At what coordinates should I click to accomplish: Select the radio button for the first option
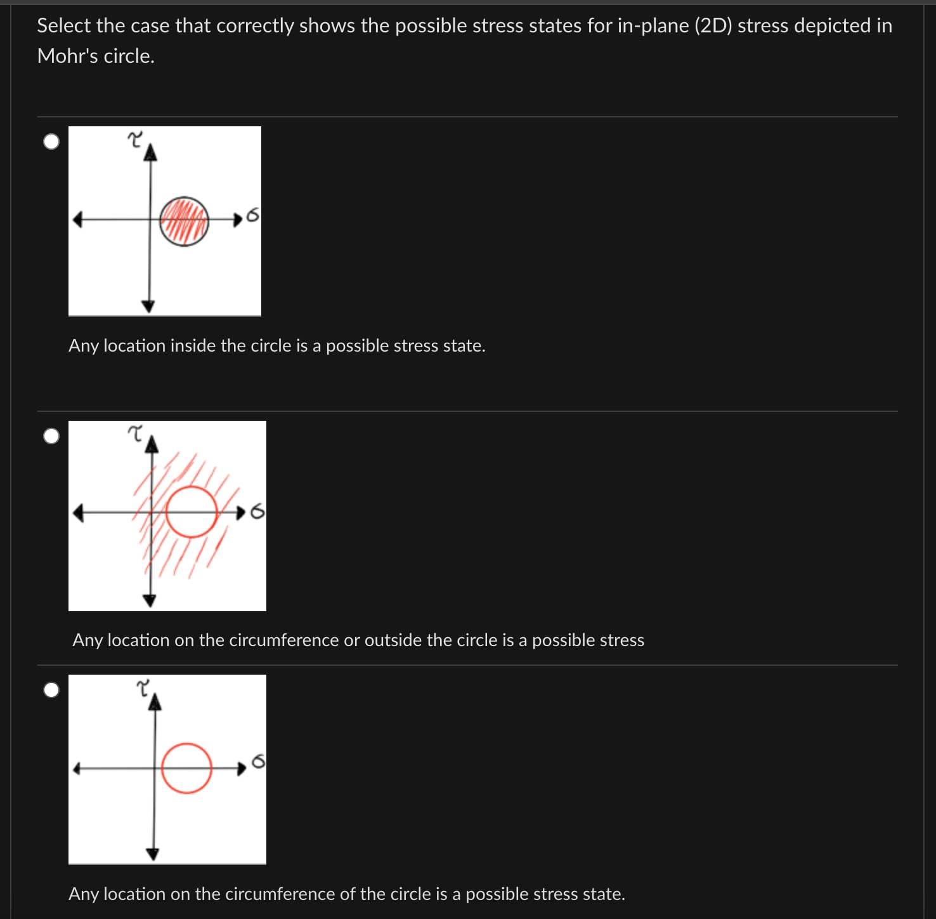[x=51, y=142]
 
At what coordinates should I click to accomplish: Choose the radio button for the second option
[x=51, y=436]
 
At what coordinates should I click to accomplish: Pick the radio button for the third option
[x=51, y=690]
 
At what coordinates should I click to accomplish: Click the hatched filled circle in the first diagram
[x=184, y=221]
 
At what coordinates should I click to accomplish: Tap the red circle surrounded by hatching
[x=192, y=512]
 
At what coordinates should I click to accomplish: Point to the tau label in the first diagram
[x=135, y=139]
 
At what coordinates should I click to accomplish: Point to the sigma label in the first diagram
[x=252, y=216]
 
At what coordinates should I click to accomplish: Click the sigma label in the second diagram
[x=257, y=511]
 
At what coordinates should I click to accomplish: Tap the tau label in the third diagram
[x=144, y=687]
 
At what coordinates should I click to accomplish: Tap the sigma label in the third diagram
[x=258, y=761]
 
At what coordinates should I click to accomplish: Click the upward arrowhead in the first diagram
[x=150, y=152]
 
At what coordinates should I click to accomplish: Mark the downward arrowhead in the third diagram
[x=153, y=854]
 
